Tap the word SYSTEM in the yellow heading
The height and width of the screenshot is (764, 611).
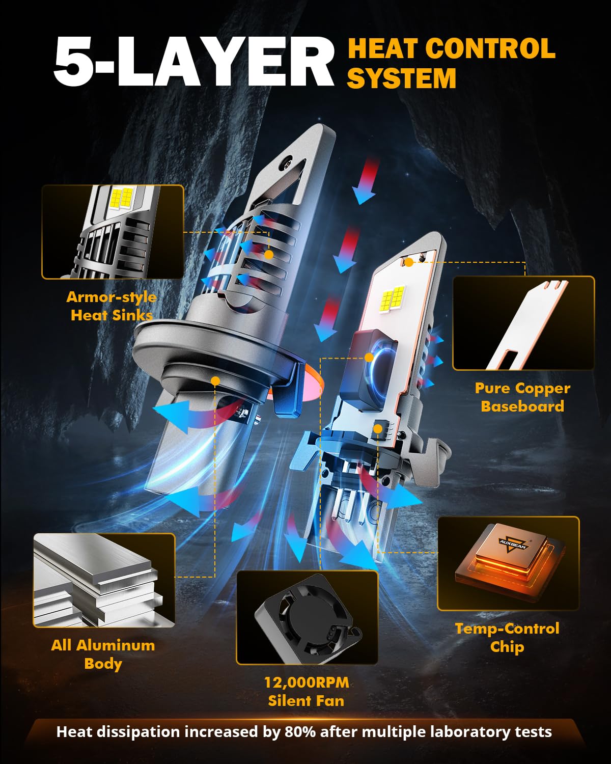click(x=402, y=78)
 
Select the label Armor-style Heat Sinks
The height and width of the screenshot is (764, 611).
click(x=112, y=306)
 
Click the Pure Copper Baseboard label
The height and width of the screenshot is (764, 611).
click(x=522, y=397)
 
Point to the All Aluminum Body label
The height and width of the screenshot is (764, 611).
click(x=103, y=654)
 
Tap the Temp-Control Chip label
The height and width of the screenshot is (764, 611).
click(x=507, y=638)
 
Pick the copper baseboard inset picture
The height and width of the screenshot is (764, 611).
click(x=523, y=323)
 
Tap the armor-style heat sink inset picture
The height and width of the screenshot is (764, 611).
click(x=113, y=232)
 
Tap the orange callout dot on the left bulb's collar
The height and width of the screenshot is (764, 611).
click(x=215, y=381)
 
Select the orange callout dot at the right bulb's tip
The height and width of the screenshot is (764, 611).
click(x=409, y=263)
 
